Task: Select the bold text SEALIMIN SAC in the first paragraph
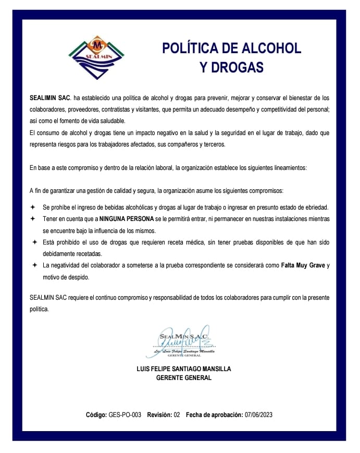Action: [x=50, y=98]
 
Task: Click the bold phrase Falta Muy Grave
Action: [x=303, y=265]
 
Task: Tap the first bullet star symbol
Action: [x=33, y=207]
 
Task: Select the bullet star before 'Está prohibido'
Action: [x=35, y=242]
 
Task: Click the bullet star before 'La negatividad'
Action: [x=34, y=265]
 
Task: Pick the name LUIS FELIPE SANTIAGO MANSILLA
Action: [x=183, y=369]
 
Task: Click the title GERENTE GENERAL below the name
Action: [x=184, y=378]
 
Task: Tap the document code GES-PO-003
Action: [x=125, y=415]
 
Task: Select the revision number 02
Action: [x=177, y=415]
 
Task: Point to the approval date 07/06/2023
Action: [x=258, y=415]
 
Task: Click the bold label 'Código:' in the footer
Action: [x=96, y=415]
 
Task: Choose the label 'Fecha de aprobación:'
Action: [x=214, y=415]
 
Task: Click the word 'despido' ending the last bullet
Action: [x=79, y=277]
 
